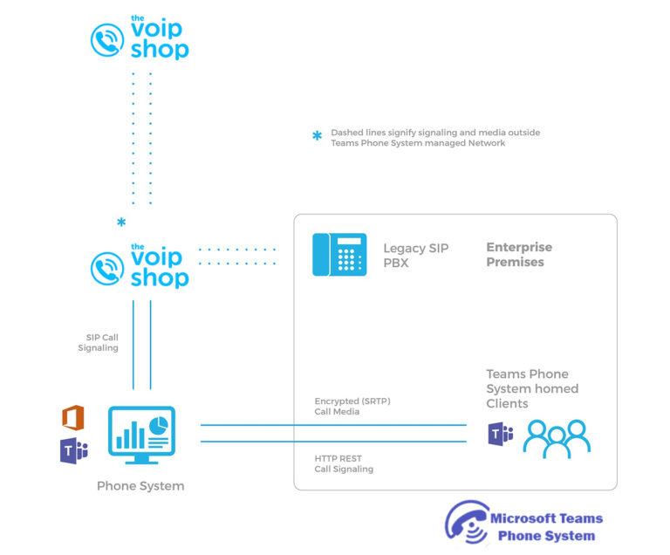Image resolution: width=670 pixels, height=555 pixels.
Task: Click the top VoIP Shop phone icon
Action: [x=108, y=40]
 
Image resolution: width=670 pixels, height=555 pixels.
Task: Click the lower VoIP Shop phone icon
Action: [x=108, y=269]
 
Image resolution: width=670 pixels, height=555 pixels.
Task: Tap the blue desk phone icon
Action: [x=339, y=254]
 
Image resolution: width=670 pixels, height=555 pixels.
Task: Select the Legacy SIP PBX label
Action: [x=415, y=255]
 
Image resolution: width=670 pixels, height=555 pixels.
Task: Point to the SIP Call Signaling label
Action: [x=98, y=342]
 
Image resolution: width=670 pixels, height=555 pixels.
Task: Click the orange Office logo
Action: [x=73, y=418]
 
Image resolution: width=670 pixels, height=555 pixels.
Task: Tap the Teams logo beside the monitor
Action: [x=73, y=451]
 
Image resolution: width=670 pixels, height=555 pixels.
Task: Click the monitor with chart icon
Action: [x=141, y=435]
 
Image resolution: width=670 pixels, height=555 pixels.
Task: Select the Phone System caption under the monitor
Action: [x=140, y=486]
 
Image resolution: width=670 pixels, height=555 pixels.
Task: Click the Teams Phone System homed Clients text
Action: [x=531, y=388]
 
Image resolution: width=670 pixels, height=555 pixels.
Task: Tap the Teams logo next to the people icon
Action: [x=500, y=434]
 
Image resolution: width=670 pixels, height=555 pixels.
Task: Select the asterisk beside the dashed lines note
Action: [x=317, y=136]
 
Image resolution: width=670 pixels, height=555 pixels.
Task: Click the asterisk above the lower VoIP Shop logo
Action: [x=121, y=223]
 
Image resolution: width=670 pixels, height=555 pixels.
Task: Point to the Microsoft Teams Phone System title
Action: [x=546, y=527]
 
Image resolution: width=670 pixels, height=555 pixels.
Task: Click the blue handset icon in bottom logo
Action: [x=465, y=524]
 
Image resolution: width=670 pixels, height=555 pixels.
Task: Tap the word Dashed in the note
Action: [x=346, y=133]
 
